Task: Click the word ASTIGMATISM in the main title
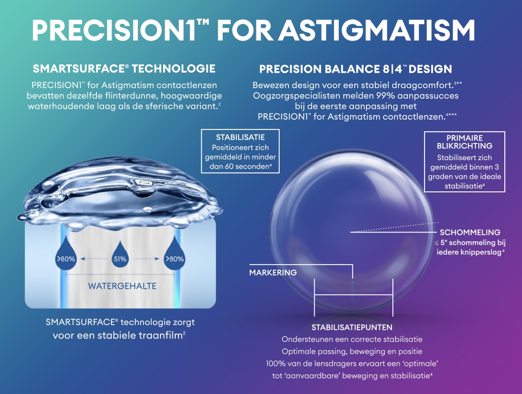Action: (x=377, y=30)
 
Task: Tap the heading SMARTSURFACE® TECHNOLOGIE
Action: (x=124, y=68)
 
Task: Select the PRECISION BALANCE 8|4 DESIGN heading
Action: (x=356, y=69)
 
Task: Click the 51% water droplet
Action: (x=120, y=255)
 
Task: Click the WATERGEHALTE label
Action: (x=122, y=286)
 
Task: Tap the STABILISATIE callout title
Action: (x=240, y=137)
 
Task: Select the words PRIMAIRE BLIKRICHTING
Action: (x=464, y=142)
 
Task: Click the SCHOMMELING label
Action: (x=470, y=232)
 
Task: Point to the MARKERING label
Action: (x=273, y=272)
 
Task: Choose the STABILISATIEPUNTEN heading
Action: (x=352, y=327)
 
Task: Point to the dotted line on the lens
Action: (x=395, y=227)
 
